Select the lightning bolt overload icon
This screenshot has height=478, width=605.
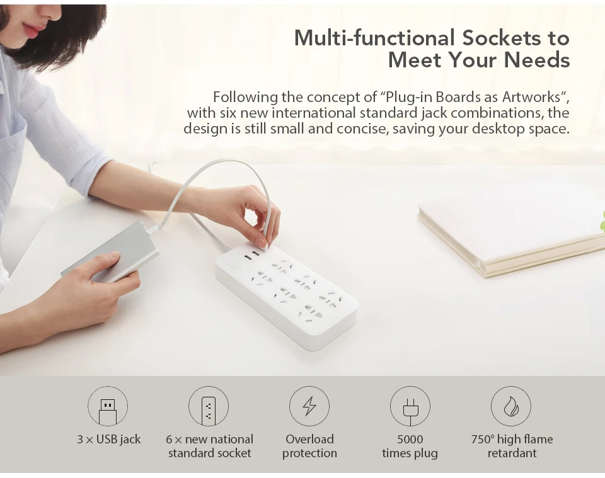[x=309, y=406]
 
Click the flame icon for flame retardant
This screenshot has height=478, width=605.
[x=511, y=406]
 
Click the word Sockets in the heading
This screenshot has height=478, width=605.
[x=500, y=38]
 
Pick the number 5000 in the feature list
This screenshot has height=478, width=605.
[x=410, y=439]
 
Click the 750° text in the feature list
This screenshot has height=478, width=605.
[x=483, y=439]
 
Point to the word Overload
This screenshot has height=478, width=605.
[x=309, y=439]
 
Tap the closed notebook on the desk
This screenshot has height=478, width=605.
[x=510, y=233]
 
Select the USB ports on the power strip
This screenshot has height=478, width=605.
[x=251, y=254]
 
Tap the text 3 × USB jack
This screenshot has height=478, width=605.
[x=109, y=439]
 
